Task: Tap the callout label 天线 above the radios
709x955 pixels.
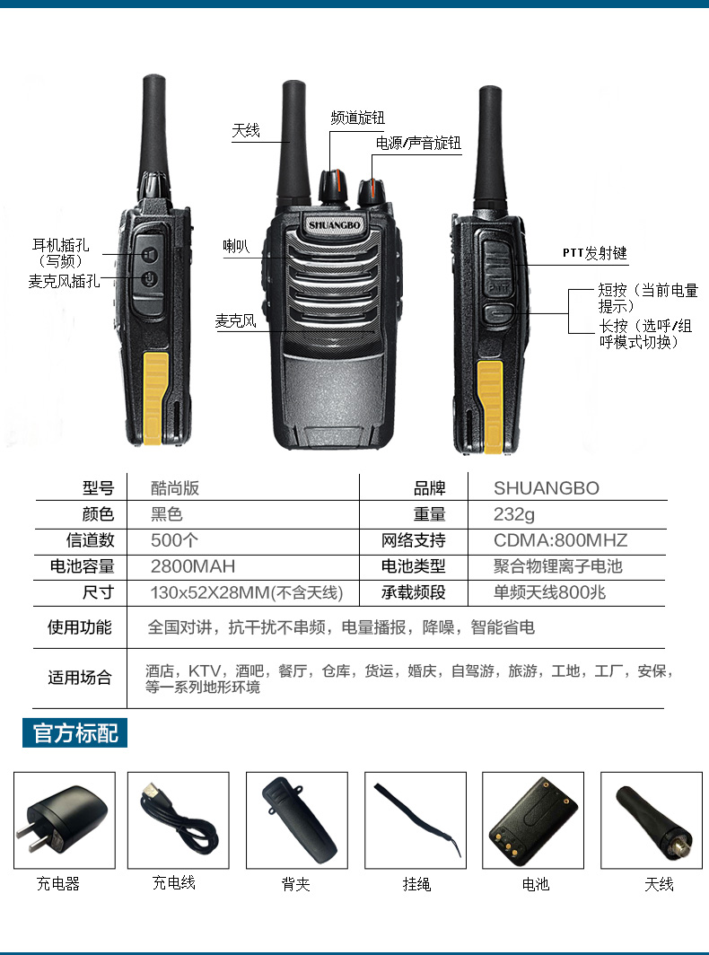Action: tap(246, 131)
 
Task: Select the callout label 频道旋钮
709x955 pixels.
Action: tap(357, 118)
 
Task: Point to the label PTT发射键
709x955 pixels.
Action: tap(594, 254)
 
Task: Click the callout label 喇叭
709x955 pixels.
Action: tap(236, 246)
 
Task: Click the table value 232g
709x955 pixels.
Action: tap(514, 514)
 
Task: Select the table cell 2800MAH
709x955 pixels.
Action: tap(193, 566)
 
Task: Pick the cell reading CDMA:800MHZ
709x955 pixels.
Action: tap(560, 540)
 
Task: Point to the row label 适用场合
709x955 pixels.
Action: tap(80, 678)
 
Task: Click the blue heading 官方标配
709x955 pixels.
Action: tap(75, 732)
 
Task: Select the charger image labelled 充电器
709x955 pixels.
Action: tap(64, 819)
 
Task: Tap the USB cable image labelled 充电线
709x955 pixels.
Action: tap(179, 819)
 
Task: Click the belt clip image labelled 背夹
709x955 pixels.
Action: tap(297, 819)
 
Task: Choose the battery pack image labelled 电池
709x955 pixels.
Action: tap(534, 819)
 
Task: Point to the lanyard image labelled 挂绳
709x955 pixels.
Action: tap(416, 819)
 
